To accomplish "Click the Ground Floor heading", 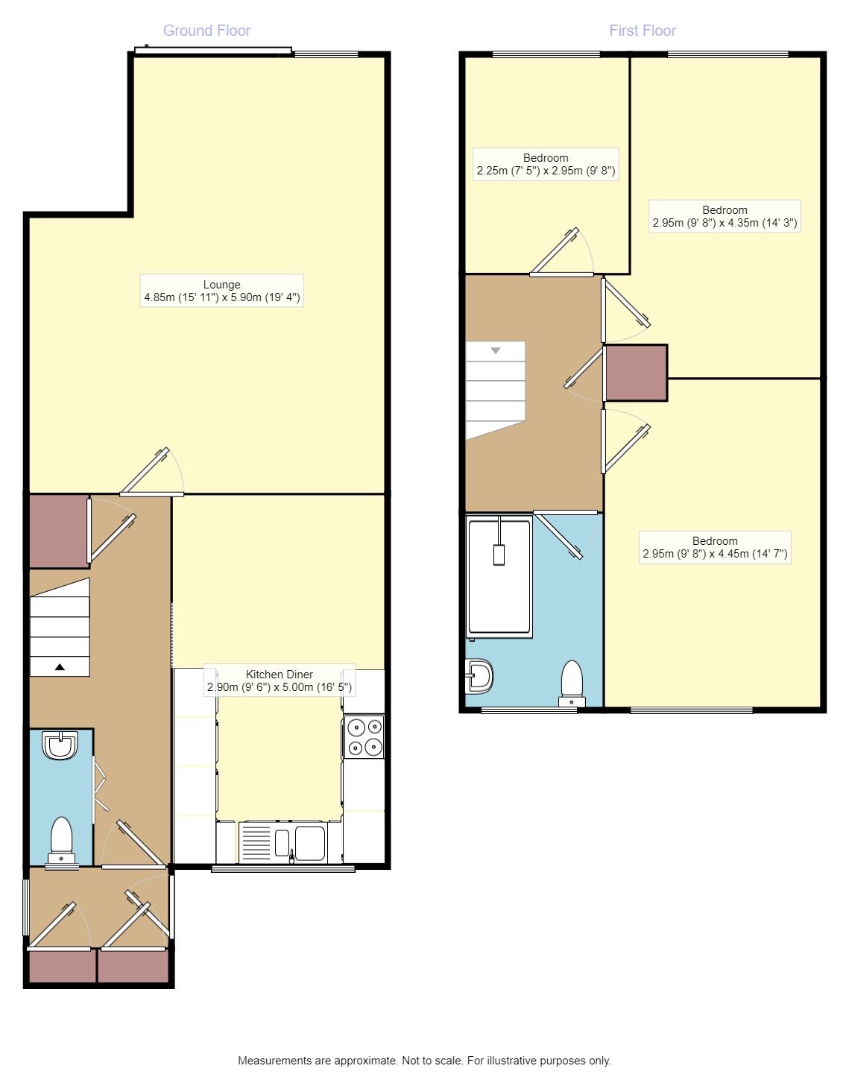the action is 206,31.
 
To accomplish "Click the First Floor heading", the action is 643,31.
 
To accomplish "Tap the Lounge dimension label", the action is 221,291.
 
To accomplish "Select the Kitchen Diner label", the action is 280,681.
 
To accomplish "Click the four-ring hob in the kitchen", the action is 364,736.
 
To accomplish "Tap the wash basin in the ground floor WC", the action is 60,745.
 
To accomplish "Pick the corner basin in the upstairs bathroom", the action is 479,675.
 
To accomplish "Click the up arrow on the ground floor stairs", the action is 60,667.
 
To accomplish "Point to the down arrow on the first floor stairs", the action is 496,351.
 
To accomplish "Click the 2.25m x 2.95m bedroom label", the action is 546,165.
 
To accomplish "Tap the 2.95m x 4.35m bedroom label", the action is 725,216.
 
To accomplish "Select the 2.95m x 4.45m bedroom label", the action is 715,547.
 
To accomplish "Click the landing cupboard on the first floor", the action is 637,373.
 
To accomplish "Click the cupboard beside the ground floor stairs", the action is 59,531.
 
